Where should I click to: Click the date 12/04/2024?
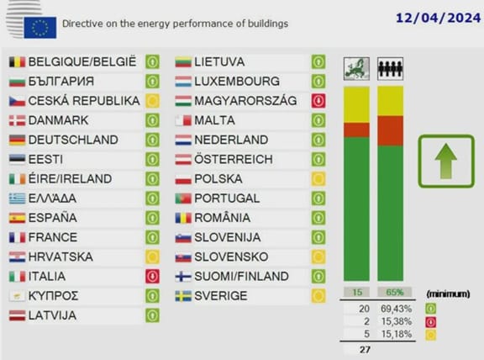(x=438, y=18)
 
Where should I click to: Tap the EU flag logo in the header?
(x=40, y=28)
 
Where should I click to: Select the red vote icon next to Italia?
(x=152, y=276)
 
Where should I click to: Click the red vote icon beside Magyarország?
(x=318, y=101)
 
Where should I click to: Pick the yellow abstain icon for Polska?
(x=318, y=179)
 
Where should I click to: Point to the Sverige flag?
(x=183, y=296)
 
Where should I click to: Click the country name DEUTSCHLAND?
(x=73, y=140)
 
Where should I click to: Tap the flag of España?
(x=18, y=218)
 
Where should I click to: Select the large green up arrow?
(x=446, y=161)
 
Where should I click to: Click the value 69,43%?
(x=397, y=309)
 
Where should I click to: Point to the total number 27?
(x=365, y=350)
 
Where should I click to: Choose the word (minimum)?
(x=448, y=294)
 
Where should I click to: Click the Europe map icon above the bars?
(x=356, y=69)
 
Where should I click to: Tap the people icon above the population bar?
(x=390, y=69)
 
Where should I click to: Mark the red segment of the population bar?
(x=390, y=131)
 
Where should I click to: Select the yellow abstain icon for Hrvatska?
(x=152, y=257)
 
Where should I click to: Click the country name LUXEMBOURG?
(x=237, y=82)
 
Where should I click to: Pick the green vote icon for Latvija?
(x=152, y=315)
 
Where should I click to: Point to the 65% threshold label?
(x=395, y=292)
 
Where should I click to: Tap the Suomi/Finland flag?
(x=183, y=277)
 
